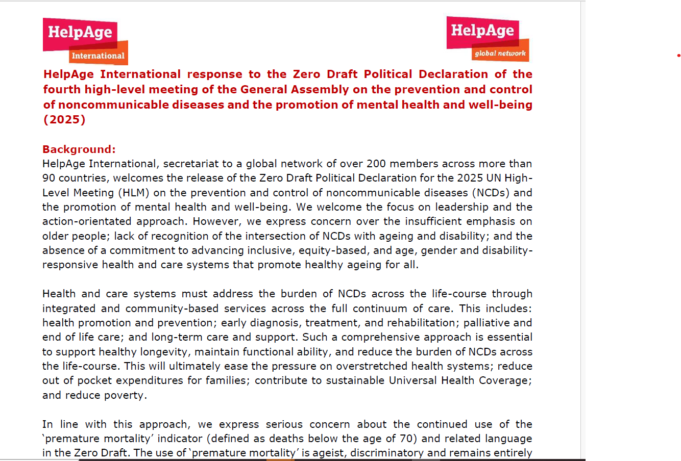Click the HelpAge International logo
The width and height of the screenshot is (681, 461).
coord(85,41)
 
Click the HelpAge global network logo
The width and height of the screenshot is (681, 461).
coord(487,39)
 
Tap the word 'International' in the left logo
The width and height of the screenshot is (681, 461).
coord(98,56)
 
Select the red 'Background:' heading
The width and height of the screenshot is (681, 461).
coord(79,149)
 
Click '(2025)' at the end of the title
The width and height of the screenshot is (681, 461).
coord(64,119)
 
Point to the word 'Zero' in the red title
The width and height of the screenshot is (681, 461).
coord(306,74)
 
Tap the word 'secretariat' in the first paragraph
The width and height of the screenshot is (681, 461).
coord(190,164)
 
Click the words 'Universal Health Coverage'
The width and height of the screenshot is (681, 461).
coord(460,380)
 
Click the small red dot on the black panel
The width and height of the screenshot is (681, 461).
coord(678,55)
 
